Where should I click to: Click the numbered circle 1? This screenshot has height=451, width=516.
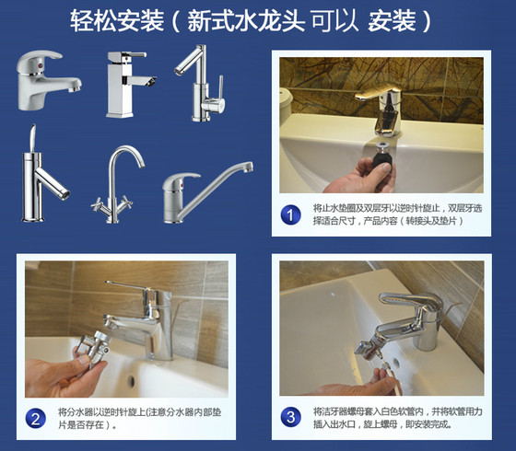290,215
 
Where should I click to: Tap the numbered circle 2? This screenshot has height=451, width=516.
36,418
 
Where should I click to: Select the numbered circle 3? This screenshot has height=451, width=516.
290,417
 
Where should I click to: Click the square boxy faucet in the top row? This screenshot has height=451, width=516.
129,85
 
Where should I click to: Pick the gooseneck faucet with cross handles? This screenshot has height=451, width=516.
114,184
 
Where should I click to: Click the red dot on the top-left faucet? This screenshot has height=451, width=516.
40,66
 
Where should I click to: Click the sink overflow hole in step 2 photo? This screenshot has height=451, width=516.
131,381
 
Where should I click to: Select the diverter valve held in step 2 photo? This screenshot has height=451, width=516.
93,348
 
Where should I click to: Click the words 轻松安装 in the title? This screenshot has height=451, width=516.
117,21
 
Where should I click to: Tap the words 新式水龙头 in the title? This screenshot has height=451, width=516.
246,21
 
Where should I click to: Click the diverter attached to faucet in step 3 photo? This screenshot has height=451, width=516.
368,347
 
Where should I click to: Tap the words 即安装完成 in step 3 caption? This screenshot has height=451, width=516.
428,424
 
